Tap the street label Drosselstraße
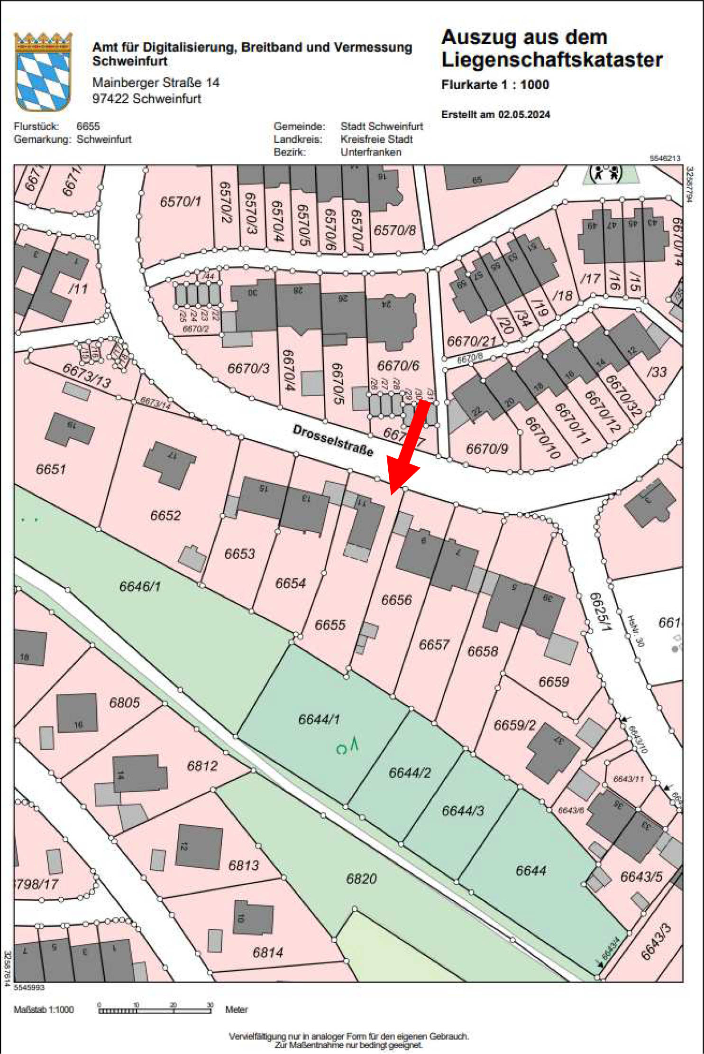(333, 440)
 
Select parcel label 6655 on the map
(330, 624)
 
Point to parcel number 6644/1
(319, 719)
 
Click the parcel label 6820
(361, 878)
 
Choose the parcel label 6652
(165, 515)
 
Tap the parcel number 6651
(51, 469)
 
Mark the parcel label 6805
(124, 703)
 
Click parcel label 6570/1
(180, 202)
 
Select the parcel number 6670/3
(248, 368)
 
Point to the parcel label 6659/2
(514, 725)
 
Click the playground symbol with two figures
(606, 173)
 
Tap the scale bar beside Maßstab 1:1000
(155, 1010)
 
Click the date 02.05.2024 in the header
(524, 114)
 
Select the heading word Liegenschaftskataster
(552, 60)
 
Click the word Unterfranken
(371, 152)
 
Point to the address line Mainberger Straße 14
(155, 83)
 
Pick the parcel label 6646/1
(140, 586)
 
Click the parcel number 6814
(268, 952)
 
